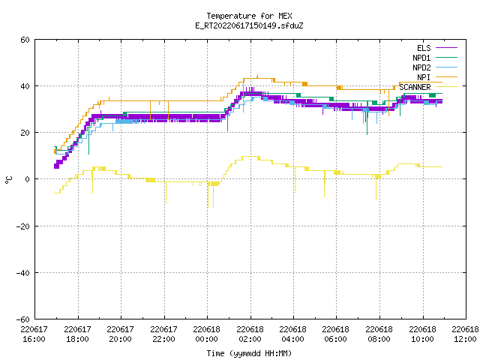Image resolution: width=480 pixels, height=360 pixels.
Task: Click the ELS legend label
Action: (424, 48)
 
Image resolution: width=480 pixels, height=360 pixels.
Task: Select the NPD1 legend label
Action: (421, 58)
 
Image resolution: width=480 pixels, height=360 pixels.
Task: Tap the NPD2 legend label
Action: (421, 67)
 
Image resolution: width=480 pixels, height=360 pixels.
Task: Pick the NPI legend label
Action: (424, 77)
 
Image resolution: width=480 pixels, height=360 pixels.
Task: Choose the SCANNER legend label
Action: (415, 87)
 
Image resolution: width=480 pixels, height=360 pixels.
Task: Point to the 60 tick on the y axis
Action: (25, 40)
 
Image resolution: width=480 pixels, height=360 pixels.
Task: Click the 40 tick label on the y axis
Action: (25, 86)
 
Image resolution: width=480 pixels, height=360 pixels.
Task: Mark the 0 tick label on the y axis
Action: (28, 179)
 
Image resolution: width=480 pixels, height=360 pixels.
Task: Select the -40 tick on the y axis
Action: (23, 273)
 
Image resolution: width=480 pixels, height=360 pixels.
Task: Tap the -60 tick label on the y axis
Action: (23, 319)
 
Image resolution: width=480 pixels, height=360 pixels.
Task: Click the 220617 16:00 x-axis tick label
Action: (34, 334)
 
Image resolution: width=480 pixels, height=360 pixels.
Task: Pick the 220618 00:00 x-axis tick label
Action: (207, 334)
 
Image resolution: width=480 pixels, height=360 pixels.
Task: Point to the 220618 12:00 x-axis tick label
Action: (465, 334)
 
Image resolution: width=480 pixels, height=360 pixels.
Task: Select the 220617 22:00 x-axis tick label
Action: (163, 334)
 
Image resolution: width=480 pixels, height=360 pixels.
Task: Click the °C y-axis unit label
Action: (9, 180)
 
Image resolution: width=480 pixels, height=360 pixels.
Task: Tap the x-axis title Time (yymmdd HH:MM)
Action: (249, 353)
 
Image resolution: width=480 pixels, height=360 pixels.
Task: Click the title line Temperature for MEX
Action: (249, 16)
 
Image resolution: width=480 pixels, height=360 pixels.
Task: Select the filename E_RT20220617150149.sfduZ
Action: (249, 25)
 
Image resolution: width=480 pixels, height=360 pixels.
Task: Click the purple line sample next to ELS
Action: (446, 48)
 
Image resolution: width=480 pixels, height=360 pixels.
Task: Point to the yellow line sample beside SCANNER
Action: (446, 87)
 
